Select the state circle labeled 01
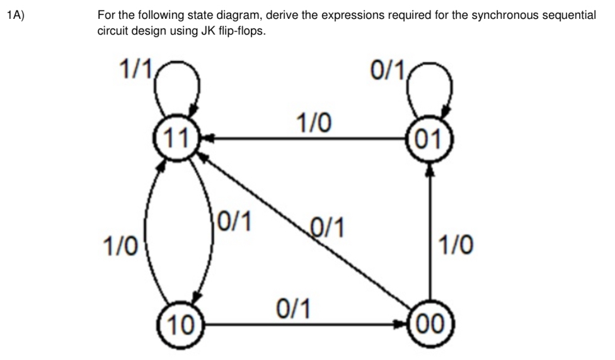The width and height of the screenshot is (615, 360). point(430,136)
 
